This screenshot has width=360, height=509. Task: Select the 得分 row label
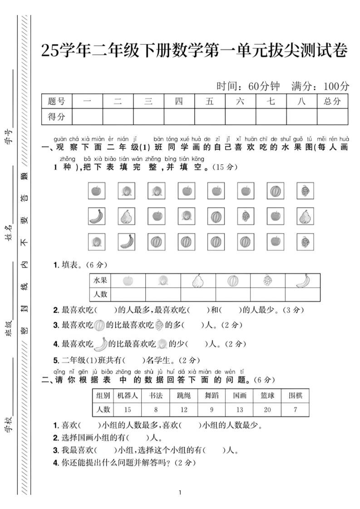point(56,117)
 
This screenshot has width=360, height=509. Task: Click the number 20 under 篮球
point(267,410)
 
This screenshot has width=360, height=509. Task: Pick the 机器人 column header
point(128,396)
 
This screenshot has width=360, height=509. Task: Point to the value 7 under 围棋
point(296,410)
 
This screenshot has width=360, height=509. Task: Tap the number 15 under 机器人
point(128,410)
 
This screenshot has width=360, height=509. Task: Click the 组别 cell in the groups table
point(103,396)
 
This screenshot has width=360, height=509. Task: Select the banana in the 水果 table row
point(303,281)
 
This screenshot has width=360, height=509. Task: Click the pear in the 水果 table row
point(198,281)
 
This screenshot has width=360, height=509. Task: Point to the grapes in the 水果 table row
point(268,280)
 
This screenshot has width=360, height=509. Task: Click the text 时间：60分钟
point(248,85)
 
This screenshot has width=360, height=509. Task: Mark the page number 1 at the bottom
point(180,493)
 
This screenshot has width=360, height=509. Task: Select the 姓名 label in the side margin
point(8,233)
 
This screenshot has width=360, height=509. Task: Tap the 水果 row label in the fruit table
point(100,280)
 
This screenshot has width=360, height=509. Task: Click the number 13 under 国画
point(239,410)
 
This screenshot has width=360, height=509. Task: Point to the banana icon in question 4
point(101,344)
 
